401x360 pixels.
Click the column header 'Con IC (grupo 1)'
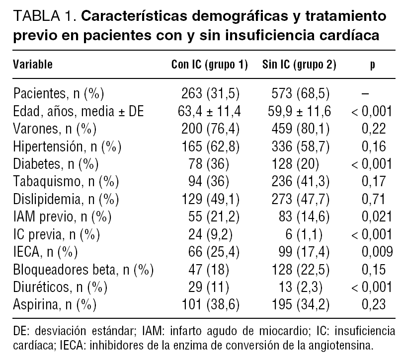pyautogui.click(x=209, y=64)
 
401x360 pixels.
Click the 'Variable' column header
pyautogui.click(x=33, y=64)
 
